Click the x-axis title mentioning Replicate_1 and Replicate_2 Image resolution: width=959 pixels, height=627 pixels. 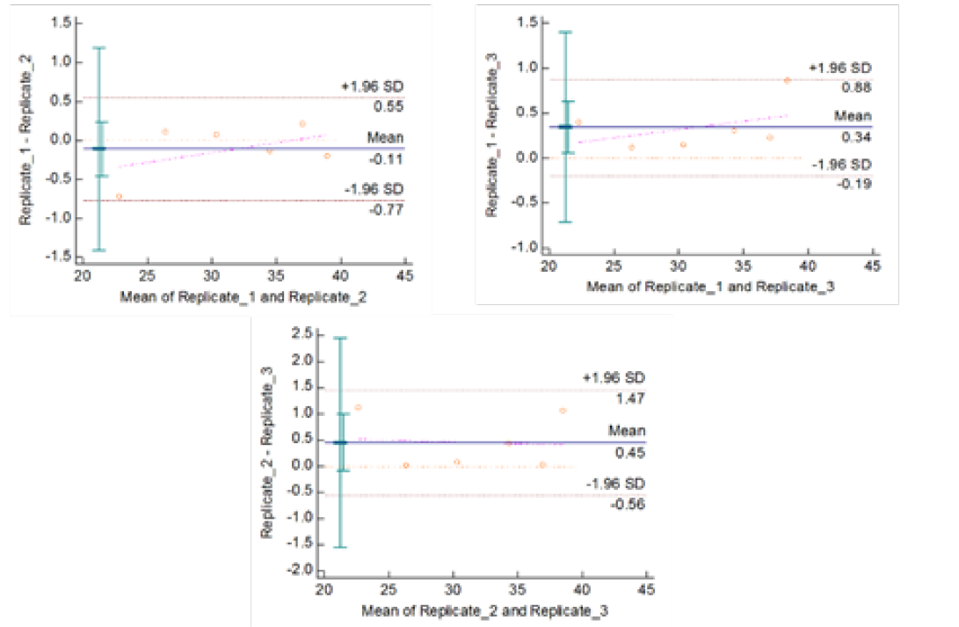[243, 296]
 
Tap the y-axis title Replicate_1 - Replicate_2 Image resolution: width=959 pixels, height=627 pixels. [27, 141]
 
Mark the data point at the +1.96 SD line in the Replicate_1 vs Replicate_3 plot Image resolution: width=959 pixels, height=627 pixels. [788, 80]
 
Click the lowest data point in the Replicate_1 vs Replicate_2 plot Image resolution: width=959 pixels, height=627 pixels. [120, 196]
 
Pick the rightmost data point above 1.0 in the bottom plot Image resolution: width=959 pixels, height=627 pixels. [563, 411]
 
